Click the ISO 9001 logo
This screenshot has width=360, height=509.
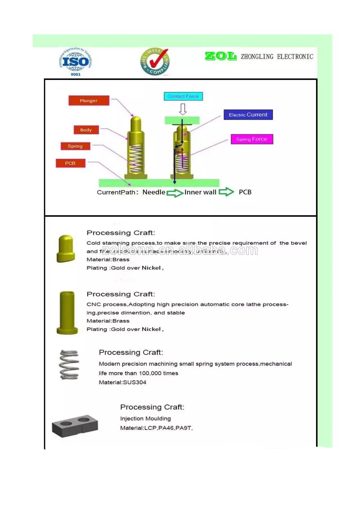click(75, 62)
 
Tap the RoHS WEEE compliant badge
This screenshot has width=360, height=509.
click(155, 62)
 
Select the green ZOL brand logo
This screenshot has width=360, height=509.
click(220, 56)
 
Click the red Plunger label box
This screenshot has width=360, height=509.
click(89, 100)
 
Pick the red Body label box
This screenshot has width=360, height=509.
click(86, 130)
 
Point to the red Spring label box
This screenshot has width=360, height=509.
click(75, 146)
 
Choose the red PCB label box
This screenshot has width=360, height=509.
click(71, 163)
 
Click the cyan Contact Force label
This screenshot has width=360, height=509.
click(183, 96)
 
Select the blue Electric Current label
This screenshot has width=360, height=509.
click(248, 115)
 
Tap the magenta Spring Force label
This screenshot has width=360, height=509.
click(252, 139)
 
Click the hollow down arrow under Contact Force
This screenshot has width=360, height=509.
click(183, 109)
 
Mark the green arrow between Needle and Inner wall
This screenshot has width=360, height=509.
click(175, 193)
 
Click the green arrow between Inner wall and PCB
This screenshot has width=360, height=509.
click(226, 192)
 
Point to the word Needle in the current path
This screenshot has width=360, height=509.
click(154, 192)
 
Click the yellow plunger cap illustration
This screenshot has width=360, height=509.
click(66, 248)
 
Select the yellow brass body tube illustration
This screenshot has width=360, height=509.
click(67, 312)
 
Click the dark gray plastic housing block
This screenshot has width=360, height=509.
click(75, 425)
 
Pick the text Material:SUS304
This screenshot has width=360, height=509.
click(122, 382)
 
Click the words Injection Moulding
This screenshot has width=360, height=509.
click(145, 419)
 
